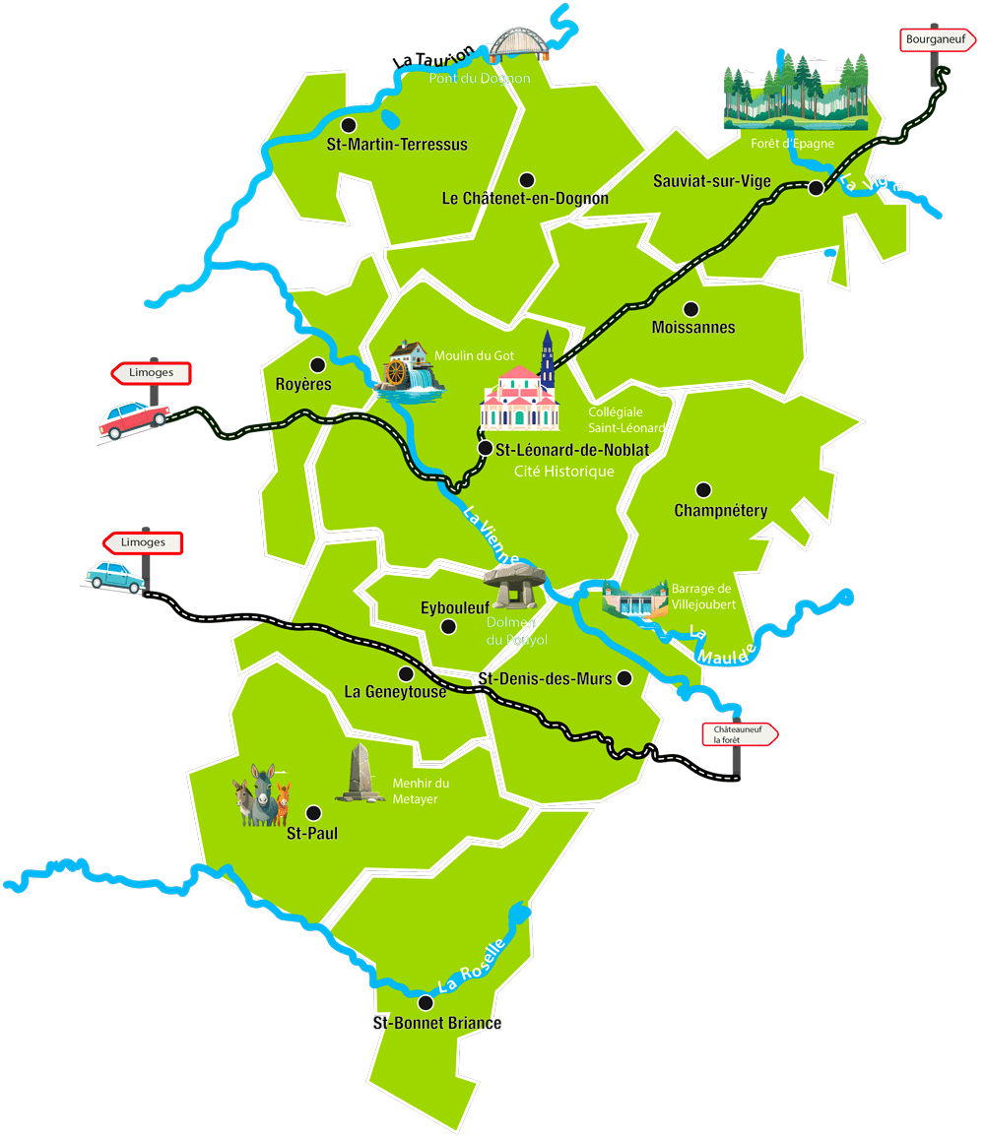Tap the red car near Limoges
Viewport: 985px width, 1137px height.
tap(132, 419)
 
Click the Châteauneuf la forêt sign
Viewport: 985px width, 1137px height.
tap(740, 734)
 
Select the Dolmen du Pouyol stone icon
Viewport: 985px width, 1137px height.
tap(513, 588)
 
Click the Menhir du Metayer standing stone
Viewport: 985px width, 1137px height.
tap(360, 775)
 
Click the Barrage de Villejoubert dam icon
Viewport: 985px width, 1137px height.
tap(634, 600)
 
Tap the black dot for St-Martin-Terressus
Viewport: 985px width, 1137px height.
tap(348, 125)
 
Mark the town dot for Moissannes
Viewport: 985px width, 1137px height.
tap(690, 308)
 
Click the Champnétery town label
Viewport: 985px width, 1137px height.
tap(720, 511)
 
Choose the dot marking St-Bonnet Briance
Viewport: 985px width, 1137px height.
tap(426, 1003)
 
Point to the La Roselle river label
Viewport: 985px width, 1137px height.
tap(471, 966)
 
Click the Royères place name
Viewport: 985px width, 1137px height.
tap(303, 385)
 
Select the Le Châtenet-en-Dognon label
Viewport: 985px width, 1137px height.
tap(525, 199)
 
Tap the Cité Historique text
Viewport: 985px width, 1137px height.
tap(563, 472)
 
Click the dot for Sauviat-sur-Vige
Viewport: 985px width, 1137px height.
tap(816, 187)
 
